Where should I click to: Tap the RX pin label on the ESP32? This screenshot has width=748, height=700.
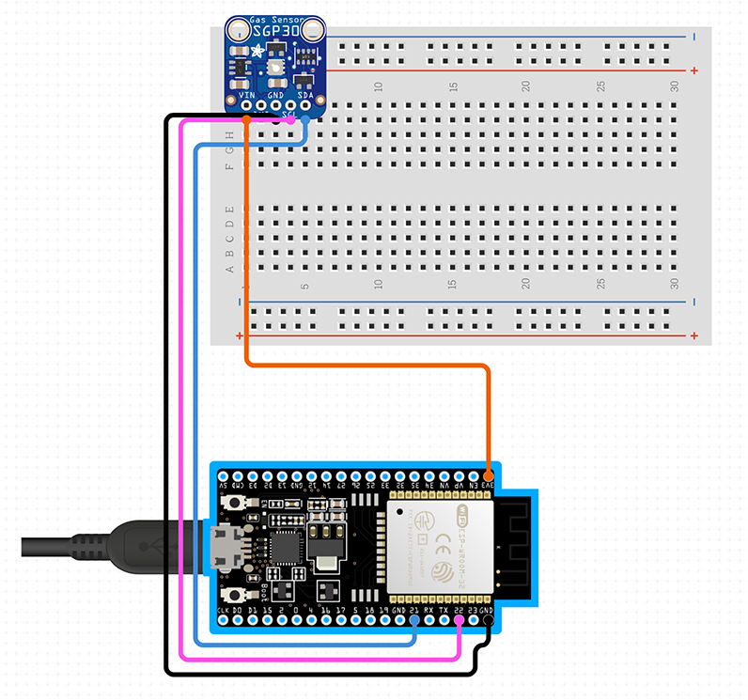pos(429,610)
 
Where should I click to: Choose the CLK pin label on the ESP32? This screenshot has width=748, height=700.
pos(223,610)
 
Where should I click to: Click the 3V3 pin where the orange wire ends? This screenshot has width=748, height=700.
pos(488,475)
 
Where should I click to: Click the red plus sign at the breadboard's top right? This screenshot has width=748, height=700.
pos(693,70)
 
